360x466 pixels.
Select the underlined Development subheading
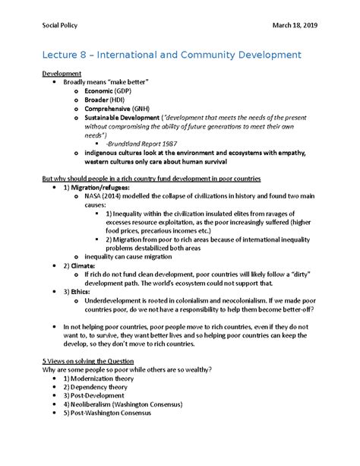[x=62, y=74]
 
